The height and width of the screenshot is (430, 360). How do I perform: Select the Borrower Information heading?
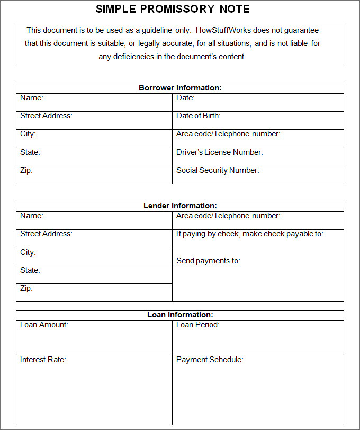(x=180, y=88)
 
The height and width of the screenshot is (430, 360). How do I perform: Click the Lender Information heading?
(x=180, y=206)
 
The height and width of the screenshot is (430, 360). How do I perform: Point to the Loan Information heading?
(x=180, y=315)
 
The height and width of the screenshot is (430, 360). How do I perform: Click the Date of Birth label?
(x=198, y=116)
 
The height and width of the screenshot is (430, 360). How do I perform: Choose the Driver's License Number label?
(x=219, y=152)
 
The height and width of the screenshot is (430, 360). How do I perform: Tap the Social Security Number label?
(x=217, y=170)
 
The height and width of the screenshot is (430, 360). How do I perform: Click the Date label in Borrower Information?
(x=185, y=98)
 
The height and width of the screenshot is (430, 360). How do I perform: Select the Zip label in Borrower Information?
(x=26, y=170)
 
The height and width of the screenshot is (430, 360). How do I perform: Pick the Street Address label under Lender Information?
(x=46, y=234)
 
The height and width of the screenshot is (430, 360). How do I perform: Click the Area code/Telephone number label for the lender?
(x=228, y=216)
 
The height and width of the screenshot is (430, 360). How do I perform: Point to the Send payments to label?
(x=208, y=261)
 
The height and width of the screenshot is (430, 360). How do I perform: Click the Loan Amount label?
(x=44, y=325)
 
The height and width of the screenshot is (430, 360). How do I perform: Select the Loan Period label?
(x=197, y=325)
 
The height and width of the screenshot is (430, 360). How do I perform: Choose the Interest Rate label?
(x=43, y=360)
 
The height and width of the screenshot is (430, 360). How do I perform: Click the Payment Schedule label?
(x=210, y=360)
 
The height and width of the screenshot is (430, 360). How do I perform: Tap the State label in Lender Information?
(x=30, y=270)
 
